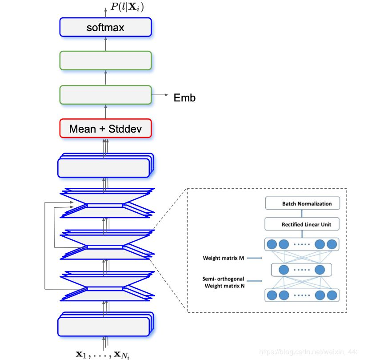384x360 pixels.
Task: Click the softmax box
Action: (x=105, y=27)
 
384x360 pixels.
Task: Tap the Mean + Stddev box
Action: (x=105, y=129)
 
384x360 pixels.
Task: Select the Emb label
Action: (x=184, y=97)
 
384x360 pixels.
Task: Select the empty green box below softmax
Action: (x=105, y=61)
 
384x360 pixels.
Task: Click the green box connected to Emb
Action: (x=105, y=95)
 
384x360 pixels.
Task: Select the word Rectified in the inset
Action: (x=292, y=224)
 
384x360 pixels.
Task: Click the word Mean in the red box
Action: (x=82, y=129)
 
